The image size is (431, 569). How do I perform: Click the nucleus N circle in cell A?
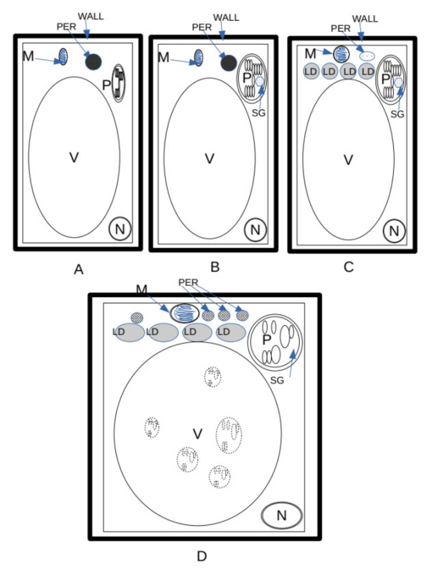[x=120, y=229]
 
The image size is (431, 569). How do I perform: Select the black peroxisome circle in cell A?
[x=93, y=62]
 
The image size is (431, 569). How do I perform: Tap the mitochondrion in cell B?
[x=198, y=58]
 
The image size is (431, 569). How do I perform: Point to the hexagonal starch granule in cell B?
[x=260, y=81]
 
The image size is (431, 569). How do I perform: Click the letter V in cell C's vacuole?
[x=348, y=160]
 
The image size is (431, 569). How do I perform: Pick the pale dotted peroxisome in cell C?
[x=367, y=56]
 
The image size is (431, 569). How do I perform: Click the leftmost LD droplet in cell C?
[x=311, y=71]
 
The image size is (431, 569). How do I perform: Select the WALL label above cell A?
[x=91, y=17]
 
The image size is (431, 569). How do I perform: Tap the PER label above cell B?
[x=202, y=27]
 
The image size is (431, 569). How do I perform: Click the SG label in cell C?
[x=397, y=114]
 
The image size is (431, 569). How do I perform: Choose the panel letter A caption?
[x=79, y=270]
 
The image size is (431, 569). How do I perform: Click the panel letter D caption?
[x=202, y=557]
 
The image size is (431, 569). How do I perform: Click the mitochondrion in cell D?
[x=184, y=313]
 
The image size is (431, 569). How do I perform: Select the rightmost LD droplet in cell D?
[x=231, y=332]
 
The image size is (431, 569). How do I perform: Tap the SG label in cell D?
[x=277, y=380]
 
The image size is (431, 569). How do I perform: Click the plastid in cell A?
[x=119, y=83]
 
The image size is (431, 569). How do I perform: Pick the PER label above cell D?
[x=188, y=282]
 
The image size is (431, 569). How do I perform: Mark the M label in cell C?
[x=310, y=54]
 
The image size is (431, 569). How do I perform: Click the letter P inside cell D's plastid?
[x=266, y=340]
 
